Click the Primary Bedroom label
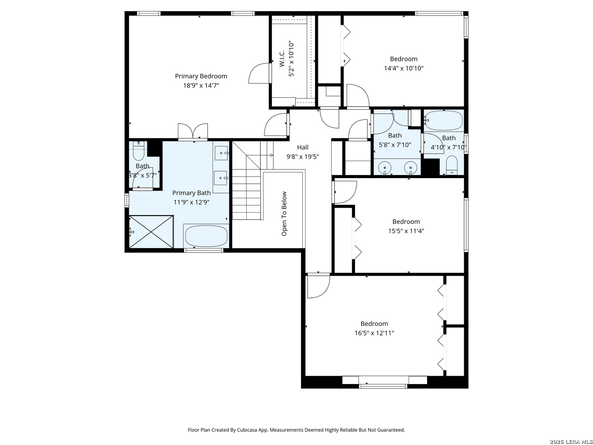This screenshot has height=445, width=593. [x=201, y=76]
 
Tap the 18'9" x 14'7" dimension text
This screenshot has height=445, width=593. [x=201, y=86]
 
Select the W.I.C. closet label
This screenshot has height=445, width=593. [x=282, y=59]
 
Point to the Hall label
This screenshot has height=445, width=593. [x=303, y=147]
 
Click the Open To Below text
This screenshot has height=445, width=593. [x=284, y=214]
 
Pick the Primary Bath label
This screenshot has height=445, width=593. [x=191, y=193]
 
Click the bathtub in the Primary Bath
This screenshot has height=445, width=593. [x=206, y=236]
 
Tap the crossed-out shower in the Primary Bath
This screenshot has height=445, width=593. [x=151, y=232]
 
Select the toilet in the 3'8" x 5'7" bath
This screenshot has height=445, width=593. [x=139, y=151]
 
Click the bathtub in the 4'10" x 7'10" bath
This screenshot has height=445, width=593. [x=444, y=120]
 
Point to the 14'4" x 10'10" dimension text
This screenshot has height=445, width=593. [x=404, y=68]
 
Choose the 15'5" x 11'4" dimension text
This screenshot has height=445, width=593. [x=406, y=231]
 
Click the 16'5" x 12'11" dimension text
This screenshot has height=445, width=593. [x=374, y=333]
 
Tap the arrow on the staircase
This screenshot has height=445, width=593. [x=259, y=155]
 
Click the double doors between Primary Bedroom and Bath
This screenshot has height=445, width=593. [x=193, y=132]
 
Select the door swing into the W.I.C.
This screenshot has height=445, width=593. [x=259, y=73]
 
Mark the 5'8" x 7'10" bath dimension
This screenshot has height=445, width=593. [x=395, y=145]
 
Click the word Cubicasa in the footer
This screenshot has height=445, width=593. [x=247, y=430]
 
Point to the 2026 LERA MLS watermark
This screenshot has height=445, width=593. [x=570, y=442]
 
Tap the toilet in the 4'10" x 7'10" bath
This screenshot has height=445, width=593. [x=451, y=165]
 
